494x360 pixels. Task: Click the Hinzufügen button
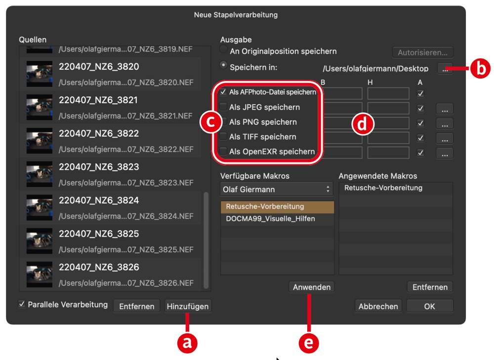188,306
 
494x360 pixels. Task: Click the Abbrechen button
378,306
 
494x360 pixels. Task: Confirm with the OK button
429,306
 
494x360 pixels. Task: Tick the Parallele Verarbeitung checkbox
22,304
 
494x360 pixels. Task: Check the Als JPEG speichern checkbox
223,107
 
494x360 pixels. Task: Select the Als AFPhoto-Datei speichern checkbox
223,92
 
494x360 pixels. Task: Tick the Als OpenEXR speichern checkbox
223,151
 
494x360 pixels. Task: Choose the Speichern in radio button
223,66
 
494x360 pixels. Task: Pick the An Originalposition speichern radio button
223,49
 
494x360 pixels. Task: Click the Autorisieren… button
422,52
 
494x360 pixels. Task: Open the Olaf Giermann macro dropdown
276,189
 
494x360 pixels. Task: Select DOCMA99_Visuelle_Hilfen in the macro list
270,219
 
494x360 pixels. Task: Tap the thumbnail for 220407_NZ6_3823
40,174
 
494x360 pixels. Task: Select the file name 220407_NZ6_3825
99,234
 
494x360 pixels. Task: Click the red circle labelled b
480,68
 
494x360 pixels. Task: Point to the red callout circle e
309,343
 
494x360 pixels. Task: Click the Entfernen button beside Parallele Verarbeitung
137,306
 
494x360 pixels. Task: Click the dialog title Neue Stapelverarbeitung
236,15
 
